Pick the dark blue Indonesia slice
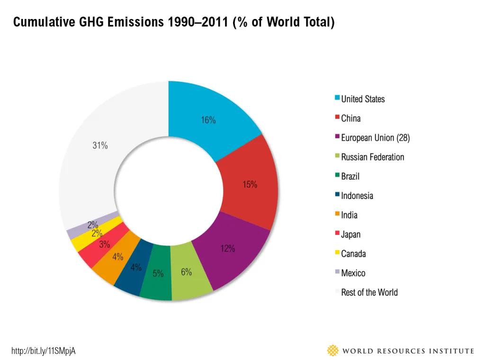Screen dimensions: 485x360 tap(135, 268)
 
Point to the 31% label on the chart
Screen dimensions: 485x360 tap(100, 145)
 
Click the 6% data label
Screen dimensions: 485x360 tap(186, 272)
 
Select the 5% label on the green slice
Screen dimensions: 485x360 tap(158, 273)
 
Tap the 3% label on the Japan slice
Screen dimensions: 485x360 tap(105, 244)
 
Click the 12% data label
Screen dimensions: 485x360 tap(228, 248)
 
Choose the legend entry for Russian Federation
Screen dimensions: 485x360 tap(369, 157)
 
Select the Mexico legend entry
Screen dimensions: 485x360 tap(350, 273)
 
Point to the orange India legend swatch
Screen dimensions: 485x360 tap(337, 214)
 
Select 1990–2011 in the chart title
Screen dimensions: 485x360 tap(198, 22)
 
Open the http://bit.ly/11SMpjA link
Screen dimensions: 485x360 tap(43, 351)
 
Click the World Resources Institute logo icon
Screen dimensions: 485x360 tap(333, 351)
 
